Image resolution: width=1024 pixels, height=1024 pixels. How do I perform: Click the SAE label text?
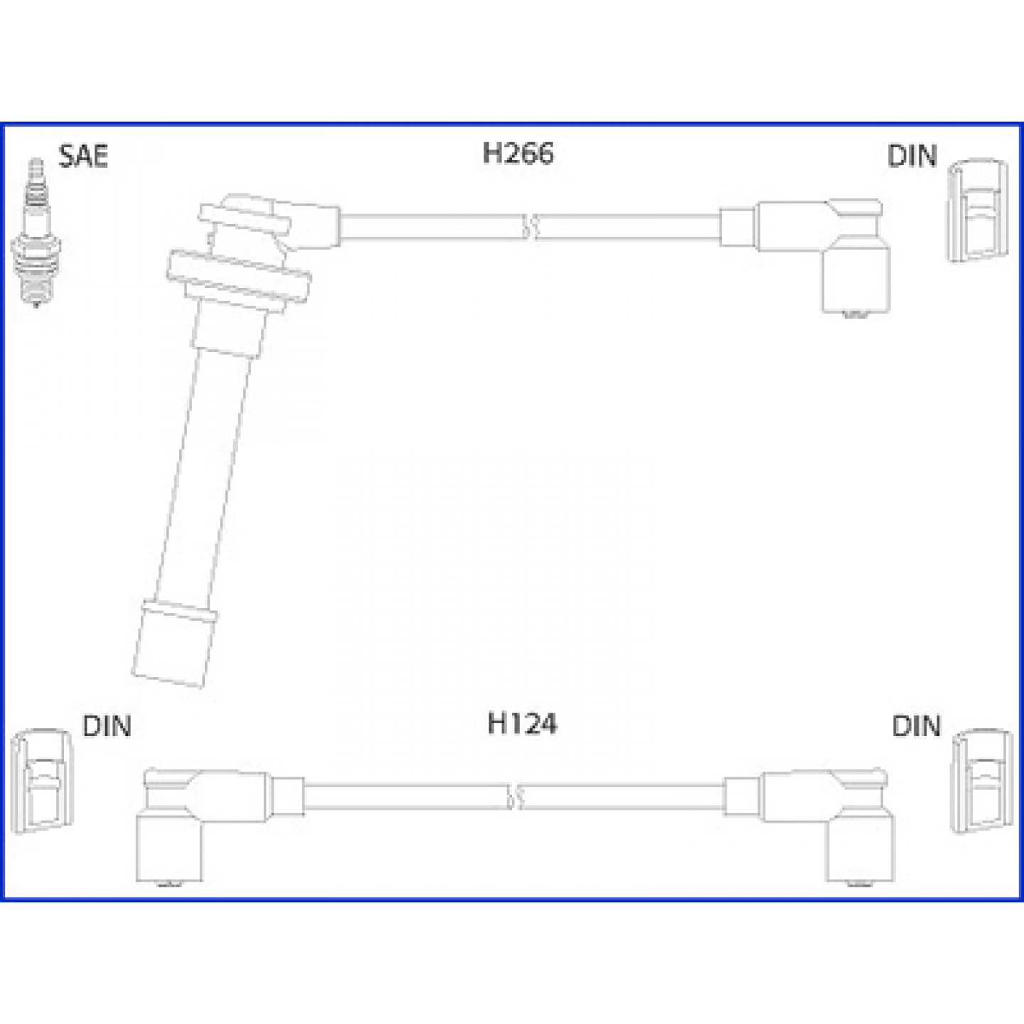click(x=83, y=156)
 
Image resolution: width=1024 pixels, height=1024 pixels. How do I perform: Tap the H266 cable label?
click(x=518, y=153)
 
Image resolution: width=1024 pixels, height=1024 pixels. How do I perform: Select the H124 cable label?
click(x=522, y=724)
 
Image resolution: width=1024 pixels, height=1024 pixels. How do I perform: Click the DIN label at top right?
click(x=912, y=156)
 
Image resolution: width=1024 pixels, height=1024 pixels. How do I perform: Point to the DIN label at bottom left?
click(x=107, y=726)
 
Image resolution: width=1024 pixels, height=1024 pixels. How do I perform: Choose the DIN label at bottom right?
click(x=916, y=726)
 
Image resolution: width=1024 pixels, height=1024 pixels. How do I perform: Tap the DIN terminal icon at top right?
click(x=978, y=210)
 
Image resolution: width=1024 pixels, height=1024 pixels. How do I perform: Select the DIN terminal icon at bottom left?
click(x=42, y=781)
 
